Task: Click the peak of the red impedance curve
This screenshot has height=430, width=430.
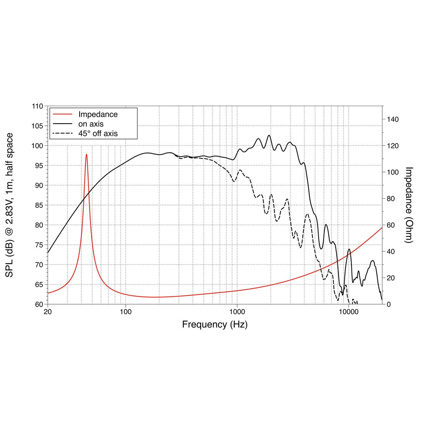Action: point(86,154)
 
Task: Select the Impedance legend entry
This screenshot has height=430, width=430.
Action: point(98,115)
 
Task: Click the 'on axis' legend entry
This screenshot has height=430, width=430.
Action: point(91,124)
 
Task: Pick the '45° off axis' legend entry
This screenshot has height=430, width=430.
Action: point(98,134)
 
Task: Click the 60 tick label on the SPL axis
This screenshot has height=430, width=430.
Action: point(39,305)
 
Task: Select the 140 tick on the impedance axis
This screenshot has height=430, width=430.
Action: point(393,119)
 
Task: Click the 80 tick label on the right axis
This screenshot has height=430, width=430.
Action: point(391,199)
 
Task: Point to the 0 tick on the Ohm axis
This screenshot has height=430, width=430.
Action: point(388,305)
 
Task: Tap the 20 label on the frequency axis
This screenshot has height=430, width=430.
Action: point(48,312)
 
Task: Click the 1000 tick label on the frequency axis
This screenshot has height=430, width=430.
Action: point(237,312)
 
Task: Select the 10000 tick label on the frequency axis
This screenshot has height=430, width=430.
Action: point(348,312)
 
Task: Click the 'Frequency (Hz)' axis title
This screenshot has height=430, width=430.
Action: point(215,325)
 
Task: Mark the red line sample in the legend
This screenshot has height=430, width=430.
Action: point(62,115)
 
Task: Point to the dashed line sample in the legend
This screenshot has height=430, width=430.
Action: point(62,134)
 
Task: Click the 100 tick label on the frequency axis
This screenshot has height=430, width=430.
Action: point(125,312)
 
